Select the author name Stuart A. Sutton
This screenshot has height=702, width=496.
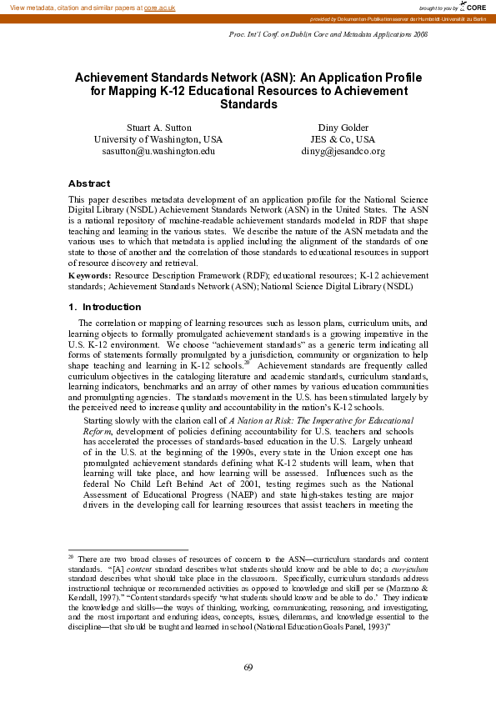coord(158,127)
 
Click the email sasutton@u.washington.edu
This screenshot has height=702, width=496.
coord(158,152)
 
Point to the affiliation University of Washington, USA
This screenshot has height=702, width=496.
coord(158,139)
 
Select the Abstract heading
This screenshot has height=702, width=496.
coord(88,183)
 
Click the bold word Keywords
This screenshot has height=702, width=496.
coord(89,274)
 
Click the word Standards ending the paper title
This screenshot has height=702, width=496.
coord(248,105)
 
